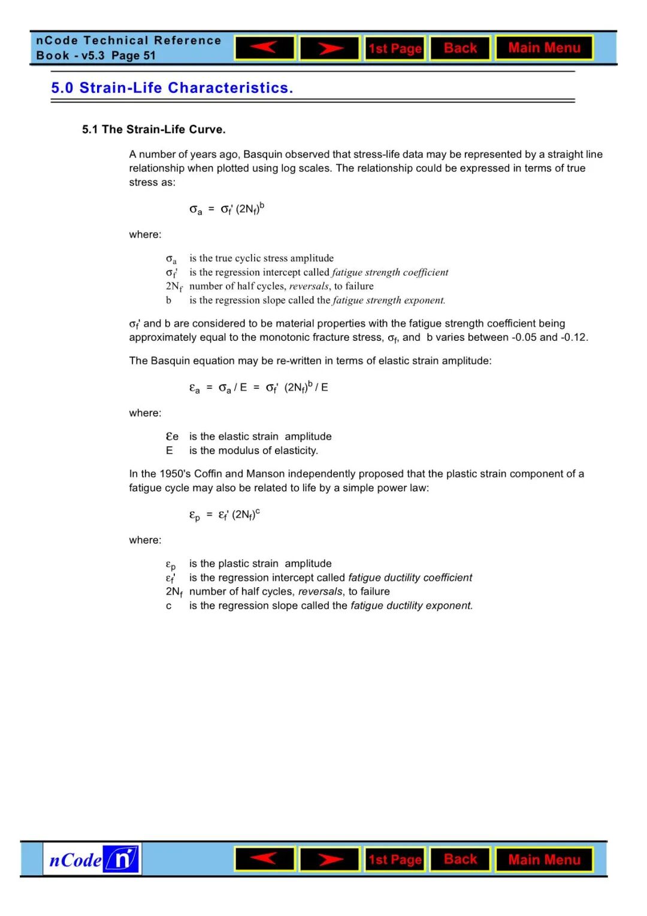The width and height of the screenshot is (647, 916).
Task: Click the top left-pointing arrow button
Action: (265, 48)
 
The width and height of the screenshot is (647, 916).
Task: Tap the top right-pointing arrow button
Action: (329, 48)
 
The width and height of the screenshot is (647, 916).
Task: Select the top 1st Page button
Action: (395, 49)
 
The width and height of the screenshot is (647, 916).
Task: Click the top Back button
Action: (460, 48)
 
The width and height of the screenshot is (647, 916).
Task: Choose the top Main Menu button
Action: (544, 48)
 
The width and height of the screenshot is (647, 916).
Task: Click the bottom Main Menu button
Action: (544, 860)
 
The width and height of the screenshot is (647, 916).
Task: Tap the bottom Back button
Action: (460, 859)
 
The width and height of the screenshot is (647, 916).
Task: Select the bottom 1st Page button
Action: (395, 860)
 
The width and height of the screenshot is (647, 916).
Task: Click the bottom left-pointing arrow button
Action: (265, 859)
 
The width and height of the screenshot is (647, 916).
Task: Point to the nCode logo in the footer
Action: (92, 860)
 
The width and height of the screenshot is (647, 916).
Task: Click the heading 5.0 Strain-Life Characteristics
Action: (172, 88)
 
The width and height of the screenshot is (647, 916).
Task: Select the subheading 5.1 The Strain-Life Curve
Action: (154, 129)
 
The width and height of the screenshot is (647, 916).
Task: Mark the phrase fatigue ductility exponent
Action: (412, 606)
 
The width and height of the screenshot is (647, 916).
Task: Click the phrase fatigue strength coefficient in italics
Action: (390, 273)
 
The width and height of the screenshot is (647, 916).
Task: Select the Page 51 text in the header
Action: (133, 56)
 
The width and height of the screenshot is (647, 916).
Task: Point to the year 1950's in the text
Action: (175, 474)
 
